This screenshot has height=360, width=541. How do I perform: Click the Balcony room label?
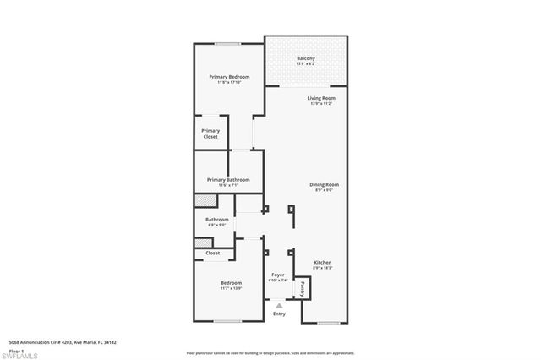[x=306, y=57]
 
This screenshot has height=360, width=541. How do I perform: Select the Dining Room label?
[x=325, y=184]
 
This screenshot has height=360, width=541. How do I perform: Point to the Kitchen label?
[x=323, y=263]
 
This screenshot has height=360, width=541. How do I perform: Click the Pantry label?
[x=302, y=288]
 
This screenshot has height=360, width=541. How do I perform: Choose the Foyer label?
[x=278, y=275]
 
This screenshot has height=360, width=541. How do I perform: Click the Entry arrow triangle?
[x=279, y=306]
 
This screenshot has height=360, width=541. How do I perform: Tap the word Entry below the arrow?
[x=279, y=314]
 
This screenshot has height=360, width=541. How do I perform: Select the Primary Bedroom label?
[x=226, y=77]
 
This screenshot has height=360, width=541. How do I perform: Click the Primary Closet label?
[x=210, y=133]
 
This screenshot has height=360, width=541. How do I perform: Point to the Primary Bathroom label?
[x=226, y=179]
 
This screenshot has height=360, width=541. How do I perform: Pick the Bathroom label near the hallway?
[x=217, y=220]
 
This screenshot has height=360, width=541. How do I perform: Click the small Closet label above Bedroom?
[x=213, y=253]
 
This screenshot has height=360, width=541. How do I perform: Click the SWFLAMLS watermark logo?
[x=21, y=355]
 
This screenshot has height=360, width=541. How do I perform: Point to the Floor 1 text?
[x=17, y=350]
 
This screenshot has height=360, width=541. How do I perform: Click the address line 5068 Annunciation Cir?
[x=62, y=342]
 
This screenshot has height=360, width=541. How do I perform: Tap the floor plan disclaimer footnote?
[x=270, y=353]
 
